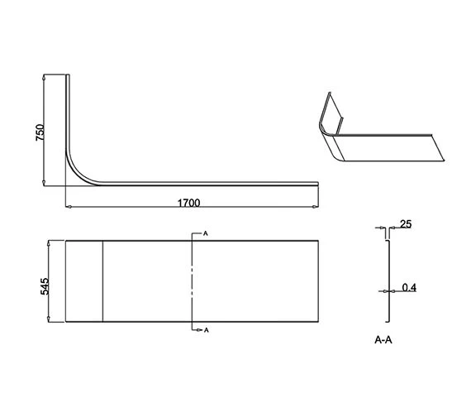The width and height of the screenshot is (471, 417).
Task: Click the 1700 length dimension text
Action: click(189, 202)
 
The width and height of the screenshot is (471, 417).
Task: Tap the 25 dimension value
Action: click(405, 224)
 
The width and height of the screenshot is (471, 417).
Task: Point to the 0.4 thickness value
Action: click(408, 288)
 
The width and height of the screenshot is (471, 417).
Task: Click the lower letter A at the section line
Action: click(205, 330)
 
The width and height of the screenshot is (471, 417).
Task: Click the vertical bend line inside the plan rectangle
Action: click(102, 281)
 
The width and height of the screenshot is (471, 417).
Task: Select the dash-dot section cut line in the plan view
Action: click(193, 281)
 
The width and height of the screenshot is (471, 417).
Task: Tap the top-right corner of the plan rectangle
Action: click(318, 241)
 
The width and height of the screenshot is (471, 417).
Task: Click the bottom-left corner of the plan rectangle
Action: click(65, 322)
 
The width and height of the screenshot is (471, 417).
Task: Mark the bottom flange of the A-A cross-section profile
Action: click(387, 321)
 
